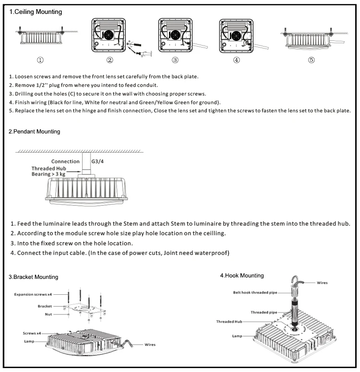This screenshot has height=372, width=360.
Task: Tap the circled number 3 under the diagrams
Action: click(x=175, y=60)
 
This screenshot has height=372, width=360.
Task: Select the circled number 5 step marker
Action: click(x=312, y=60)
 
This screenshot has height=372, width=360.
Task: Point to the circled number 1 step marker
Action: click(x=41, y=60)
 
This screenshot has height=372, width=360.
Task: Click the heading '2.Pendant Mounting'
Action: click(x=35, y=131)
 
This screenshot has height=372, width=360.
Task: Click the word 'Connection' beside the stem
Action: click(x=65, y=161)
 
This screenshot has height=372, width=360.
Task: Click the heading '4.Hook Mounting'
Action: click(x=242, y=276)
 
